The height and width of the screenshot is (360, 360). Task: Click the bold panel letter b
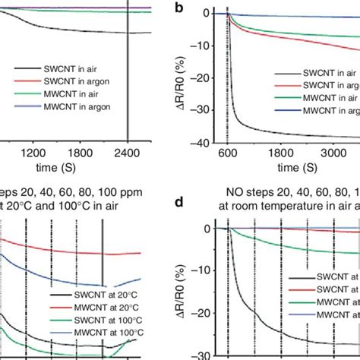tap(200, 10)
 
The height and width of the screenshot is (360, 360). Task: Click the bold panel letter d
tap(200, 204)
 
